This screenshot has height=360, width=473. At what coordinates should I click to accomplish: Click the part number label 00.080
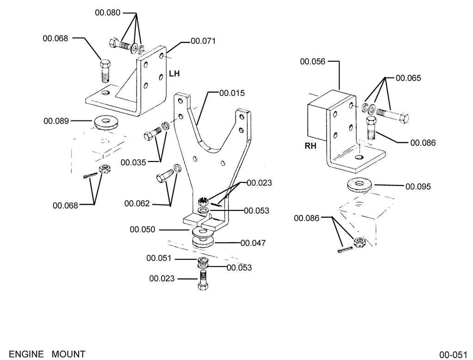tap(108, 12)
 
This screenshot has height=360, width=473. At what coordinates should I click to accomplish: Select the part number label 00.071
tap(203, 41)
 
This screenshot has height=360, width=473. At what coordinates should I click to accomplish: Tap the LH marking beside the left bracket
tap(174, 73)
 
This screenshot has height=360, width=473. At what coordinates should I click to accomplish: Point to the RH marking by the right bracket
tap(310, 146)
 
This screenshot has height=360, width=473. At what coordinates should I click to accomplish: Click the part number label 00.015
tap(232, 93)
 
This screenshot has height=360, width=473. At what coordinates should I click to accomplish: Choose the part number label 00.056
tap(313, 61)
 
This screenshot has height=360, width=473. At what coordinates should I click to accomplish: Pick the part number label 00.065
tap(408, 78)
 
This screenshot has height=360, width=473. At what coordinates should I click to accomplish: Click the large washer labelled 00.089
tap(106, 122)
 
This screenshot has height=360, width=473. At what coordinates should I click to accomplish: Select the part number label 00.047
tap(253, 243)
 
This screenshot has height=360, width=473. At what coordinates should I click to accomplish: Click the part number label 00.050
tap(142, 229)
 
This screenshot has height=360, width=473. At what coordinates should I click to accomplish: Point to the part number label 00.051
tap(159, 258)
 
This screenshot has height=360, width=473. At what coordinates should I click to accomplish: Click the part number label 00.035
tap(133, 162)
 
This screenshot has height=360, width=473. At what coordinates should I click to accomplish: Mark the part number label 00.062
tap(137, 204)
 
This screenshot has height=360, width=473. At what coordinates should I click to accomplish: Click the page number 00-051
tap(453, 354)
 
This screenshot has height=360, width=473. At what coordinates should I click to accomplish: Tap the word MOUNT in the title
tap(69, 354)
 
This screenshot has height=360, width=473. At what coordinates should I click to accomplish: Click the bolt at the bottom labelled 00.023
tap(203, 280)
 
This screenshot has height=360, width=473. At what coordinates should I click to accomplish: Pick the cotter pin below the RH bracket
tap(345, 250)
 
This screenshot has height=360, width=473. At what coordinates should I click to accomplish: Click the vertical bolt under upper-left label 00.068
tap(105, 71)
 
